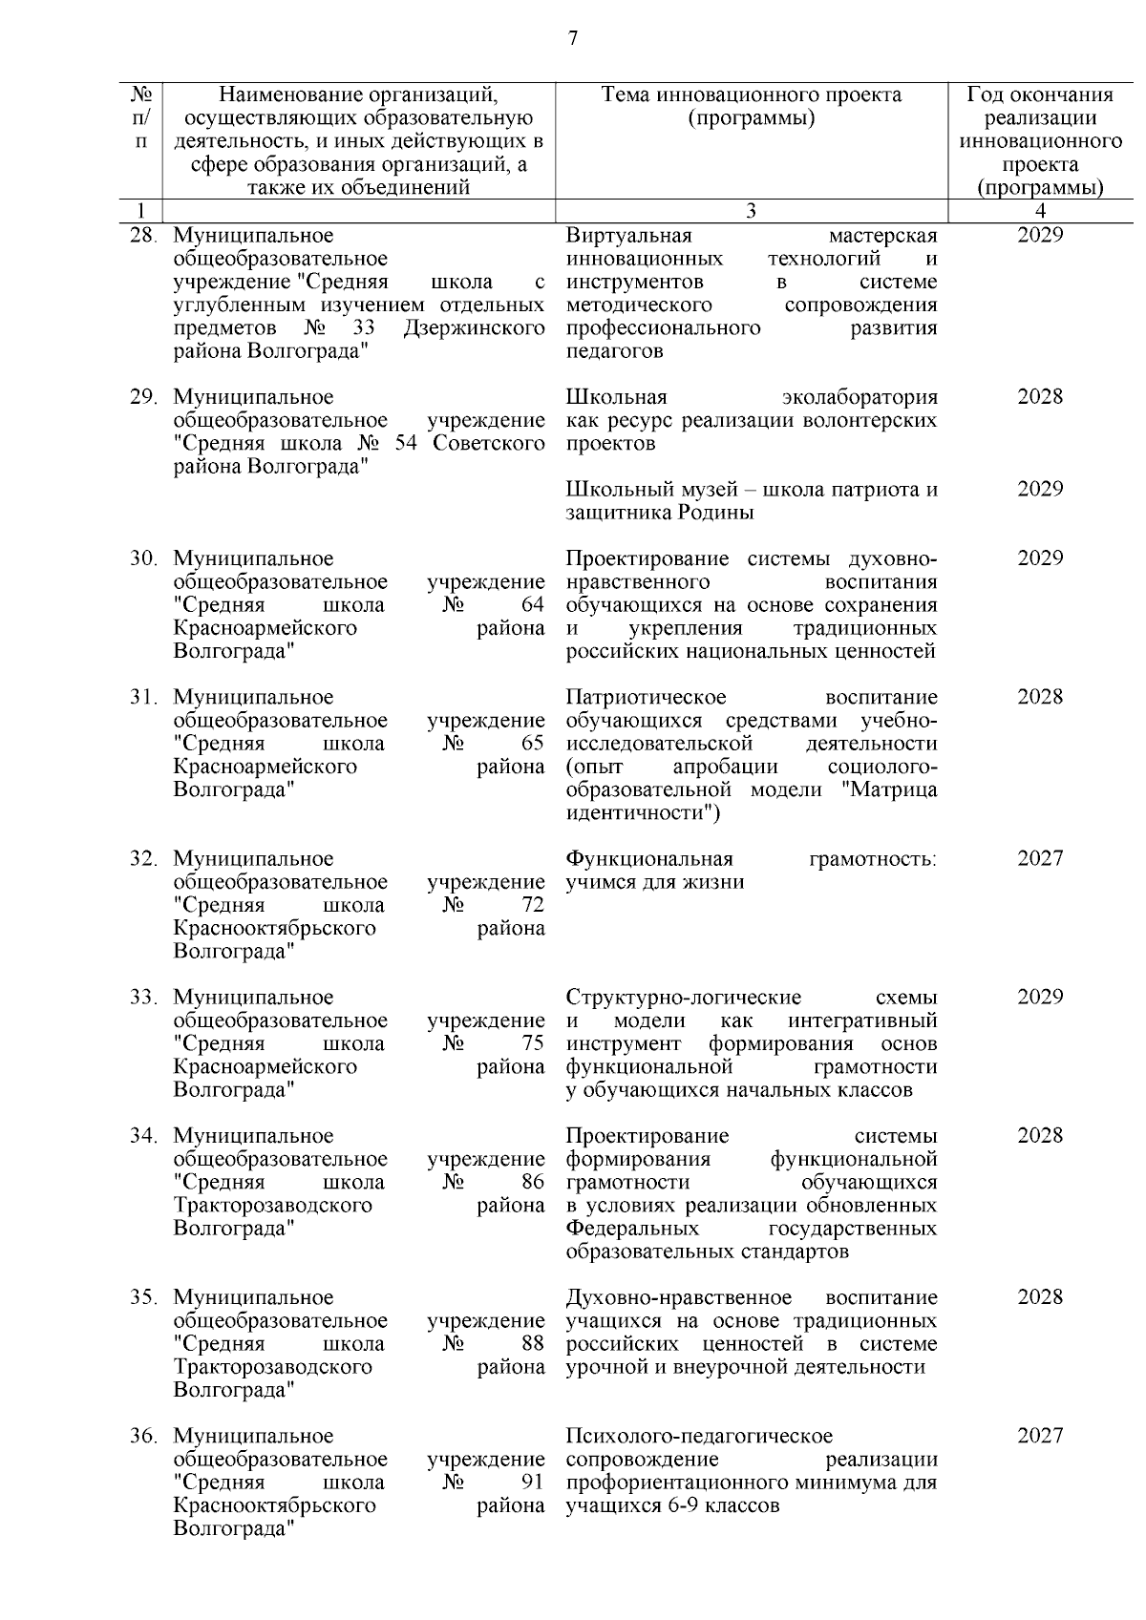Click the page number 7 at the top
point(572,39)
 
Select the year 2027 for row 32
point(1039,858)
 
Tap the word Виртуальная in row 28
point(628,236)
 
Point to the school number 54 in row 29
point(406,444)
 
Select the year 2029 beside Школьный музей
point(1039,490)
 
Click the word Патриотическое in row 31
point(646,698)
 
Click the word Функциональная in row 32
point(648,858)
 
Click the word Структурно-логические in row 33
point(683,998)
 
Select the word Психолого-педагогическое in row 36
point(698,1437)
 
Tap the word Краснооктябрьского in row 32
point(274,929)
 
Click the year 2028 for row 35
point(1039,1297)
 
